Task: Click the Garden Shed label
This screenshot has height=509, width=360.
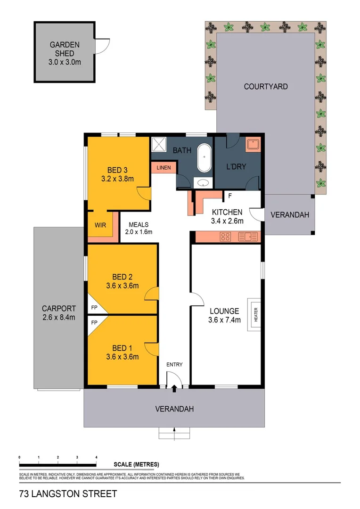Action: (x=65, y=53)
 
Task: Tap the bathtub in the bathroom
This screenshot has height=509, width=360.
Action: (x=205, y=159)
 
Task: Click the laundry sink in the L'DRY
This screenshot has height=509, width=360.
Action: (x=253, y=144)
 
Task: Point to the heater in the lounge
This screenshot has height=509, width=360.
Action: (x=254, y=314)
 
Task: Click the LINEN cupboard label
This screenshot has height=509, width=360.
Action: (x=164, y=167)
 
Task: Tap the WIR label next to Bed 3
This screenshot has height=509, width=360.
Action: (x=100, y=225)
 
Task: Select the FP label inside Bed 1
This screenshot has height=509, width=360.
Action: (x=94, y=323)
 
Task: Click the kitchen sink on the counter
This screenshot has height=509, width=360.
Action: (x=247, y=237)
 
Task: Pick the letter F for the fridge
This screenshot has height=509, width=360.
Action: (x=230, y=195)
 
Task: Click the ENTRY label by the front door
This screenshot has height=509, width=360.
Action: (x=174, y=364)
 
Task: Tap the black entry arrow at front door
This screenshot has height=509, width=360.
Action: (x=174, y=388)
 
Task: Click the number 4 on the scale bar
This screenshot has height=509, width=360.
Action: (x=96, y=458)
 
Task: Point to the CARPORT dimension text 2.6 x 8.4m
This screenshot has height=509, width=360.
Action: (x=58, y=317)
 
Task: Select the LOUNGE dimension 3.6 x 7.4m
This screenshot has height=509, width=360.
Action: (x=225, y=320)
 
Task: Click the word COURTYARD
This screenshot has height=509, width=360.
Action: (x=265, y=87)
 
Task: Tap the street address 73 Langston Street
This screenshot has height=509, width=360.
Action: (x=68, y=494)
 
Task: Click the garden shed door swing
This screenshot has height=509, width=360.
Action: (x=102, y=45)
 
